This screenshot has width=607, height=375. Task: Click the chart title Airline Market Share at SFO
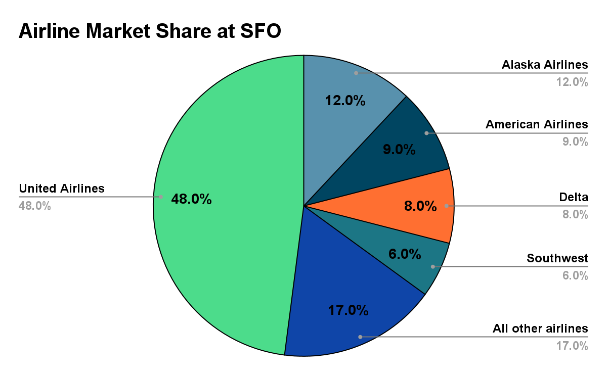(x=150, y=31)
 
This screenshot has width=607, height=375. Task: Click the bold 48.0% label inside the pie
(x=191, y=199)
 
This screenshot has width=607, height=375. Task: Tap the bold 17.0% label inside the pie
(x=348, y=310)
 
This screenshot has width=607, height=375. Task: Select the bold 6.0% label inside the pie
(x=404, y=254)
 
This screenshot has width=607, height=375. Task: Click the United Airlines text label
(x=62, y=189)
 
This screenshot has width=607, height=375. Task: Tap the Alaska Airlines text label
(x=545, y=65)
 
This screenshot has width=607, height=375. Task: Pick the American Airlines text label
(x=537, y=124)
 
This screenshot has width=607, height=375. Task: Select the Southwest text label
(x=557, y=258)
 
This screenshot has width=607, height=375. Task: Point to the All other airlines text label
(x=540, y=329)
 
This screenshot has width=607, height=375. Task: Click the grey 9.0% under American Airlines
(x=575, y=142)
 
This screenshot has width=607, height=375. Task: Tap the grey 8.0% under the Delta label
(x=575, y=215)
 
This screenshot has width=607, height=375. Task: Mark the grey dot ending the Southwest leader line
(x=432, y=266)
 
